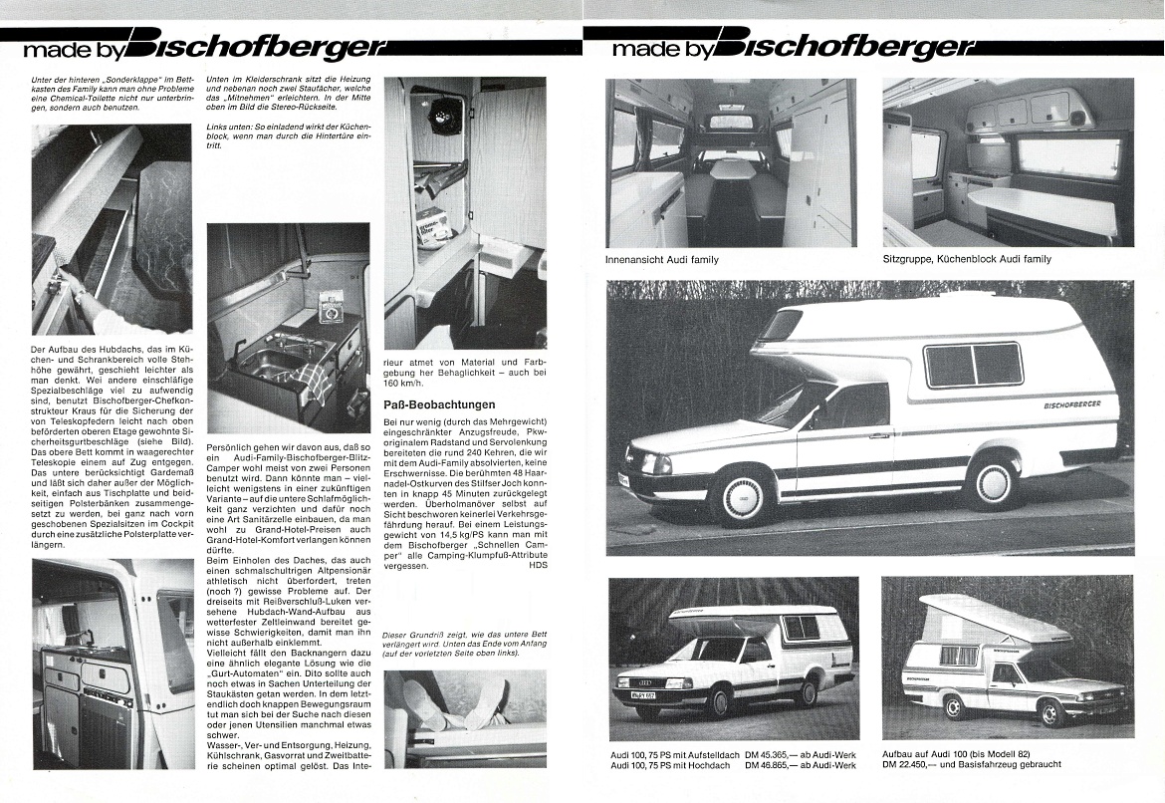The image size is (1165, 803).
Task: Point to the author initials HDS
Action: click(x=537, y=565)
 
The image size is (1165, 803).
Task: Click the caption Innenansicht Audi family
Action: click(x=661, y=260)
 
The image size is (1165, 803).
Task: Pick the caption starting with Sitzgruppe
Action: click(x=966, y=260)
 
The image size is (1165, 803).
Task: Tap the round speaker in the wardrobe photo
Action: click(x=444, y=117)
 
